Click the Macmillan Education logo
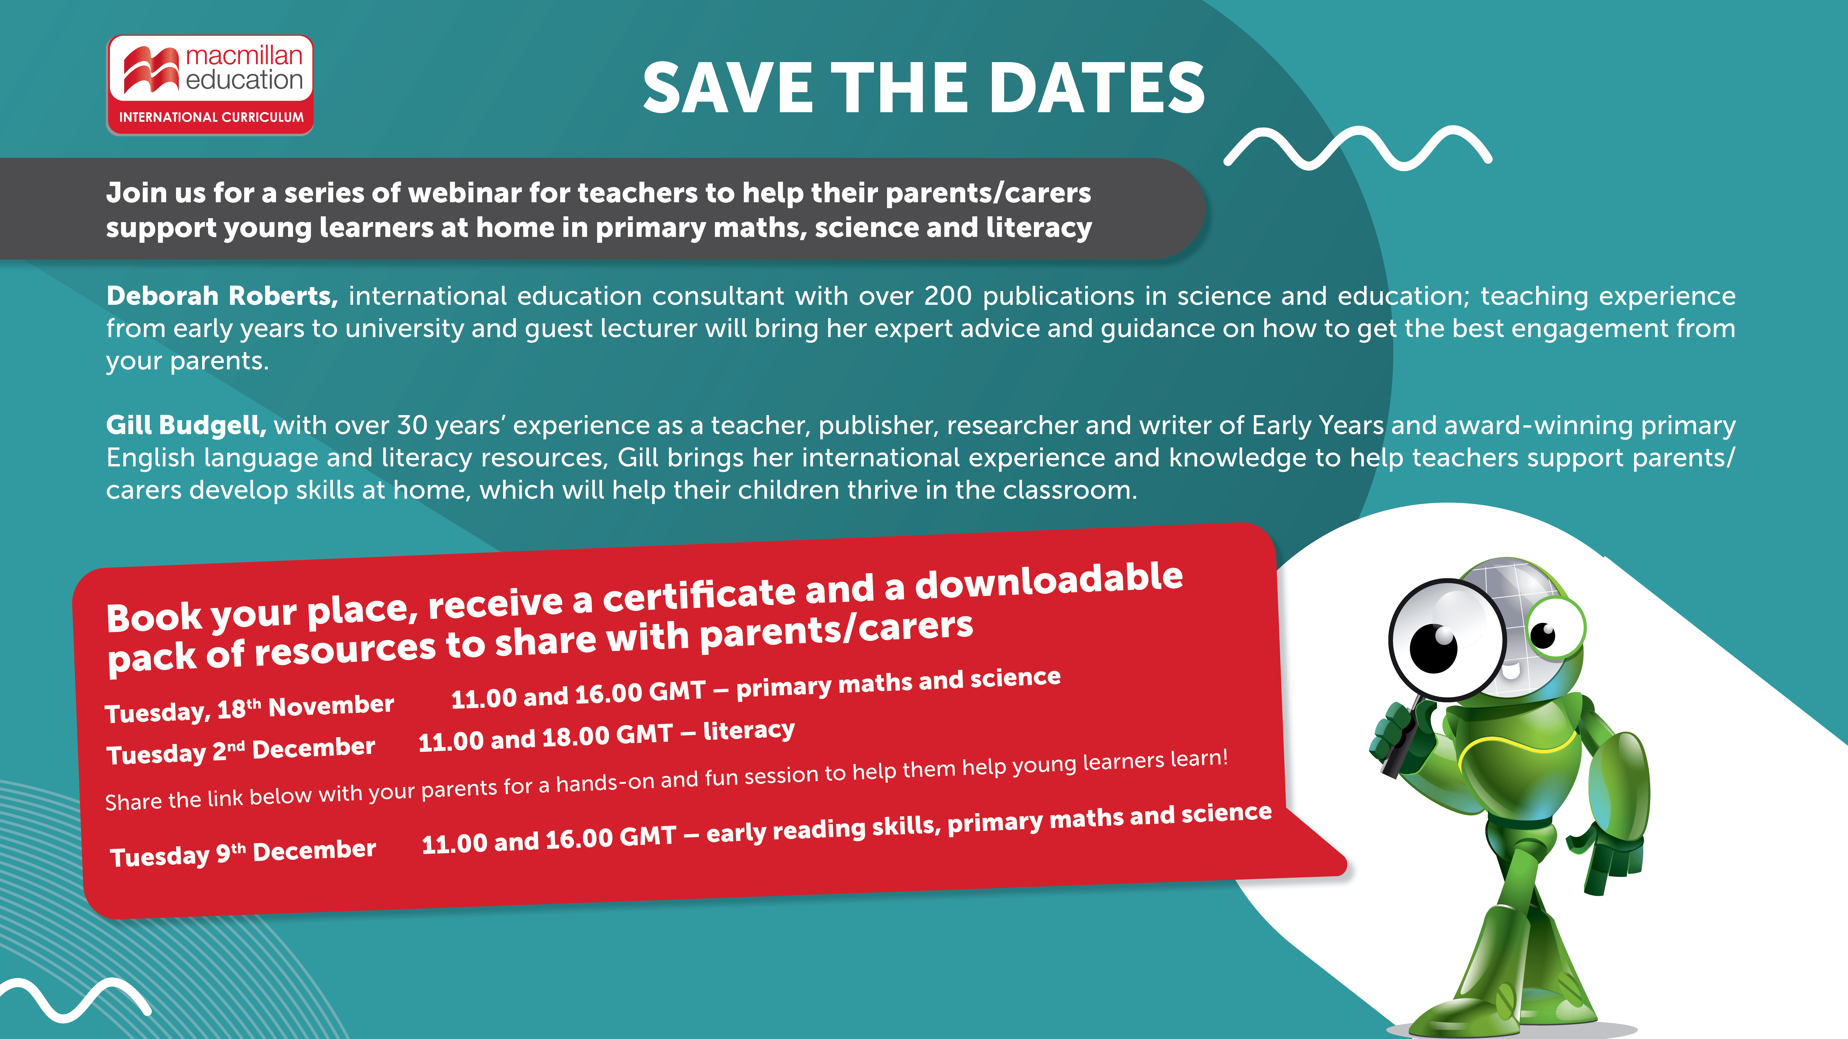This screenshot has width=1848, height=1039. (x=210, y=85)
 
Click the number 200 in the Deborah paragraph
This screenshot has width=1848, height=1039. (x=948, y=296)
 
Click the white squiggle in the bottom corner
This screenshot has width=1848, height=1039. (x=75, y=999)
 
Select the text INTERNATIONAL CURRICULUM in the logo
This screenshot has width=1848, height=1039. (x=211, y=117)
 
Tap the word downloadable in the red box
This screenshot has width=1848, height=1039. (x=1049, y=581)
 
